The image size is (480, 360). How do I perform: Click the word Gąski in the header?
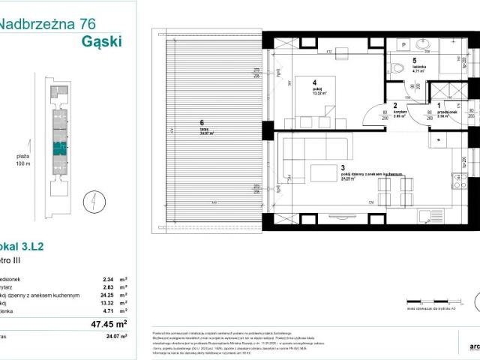pyautogui.click(x=100, y=41)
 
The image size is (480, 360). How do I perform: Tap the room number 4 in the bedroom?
pyautogui.click(x=315, y=83)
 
